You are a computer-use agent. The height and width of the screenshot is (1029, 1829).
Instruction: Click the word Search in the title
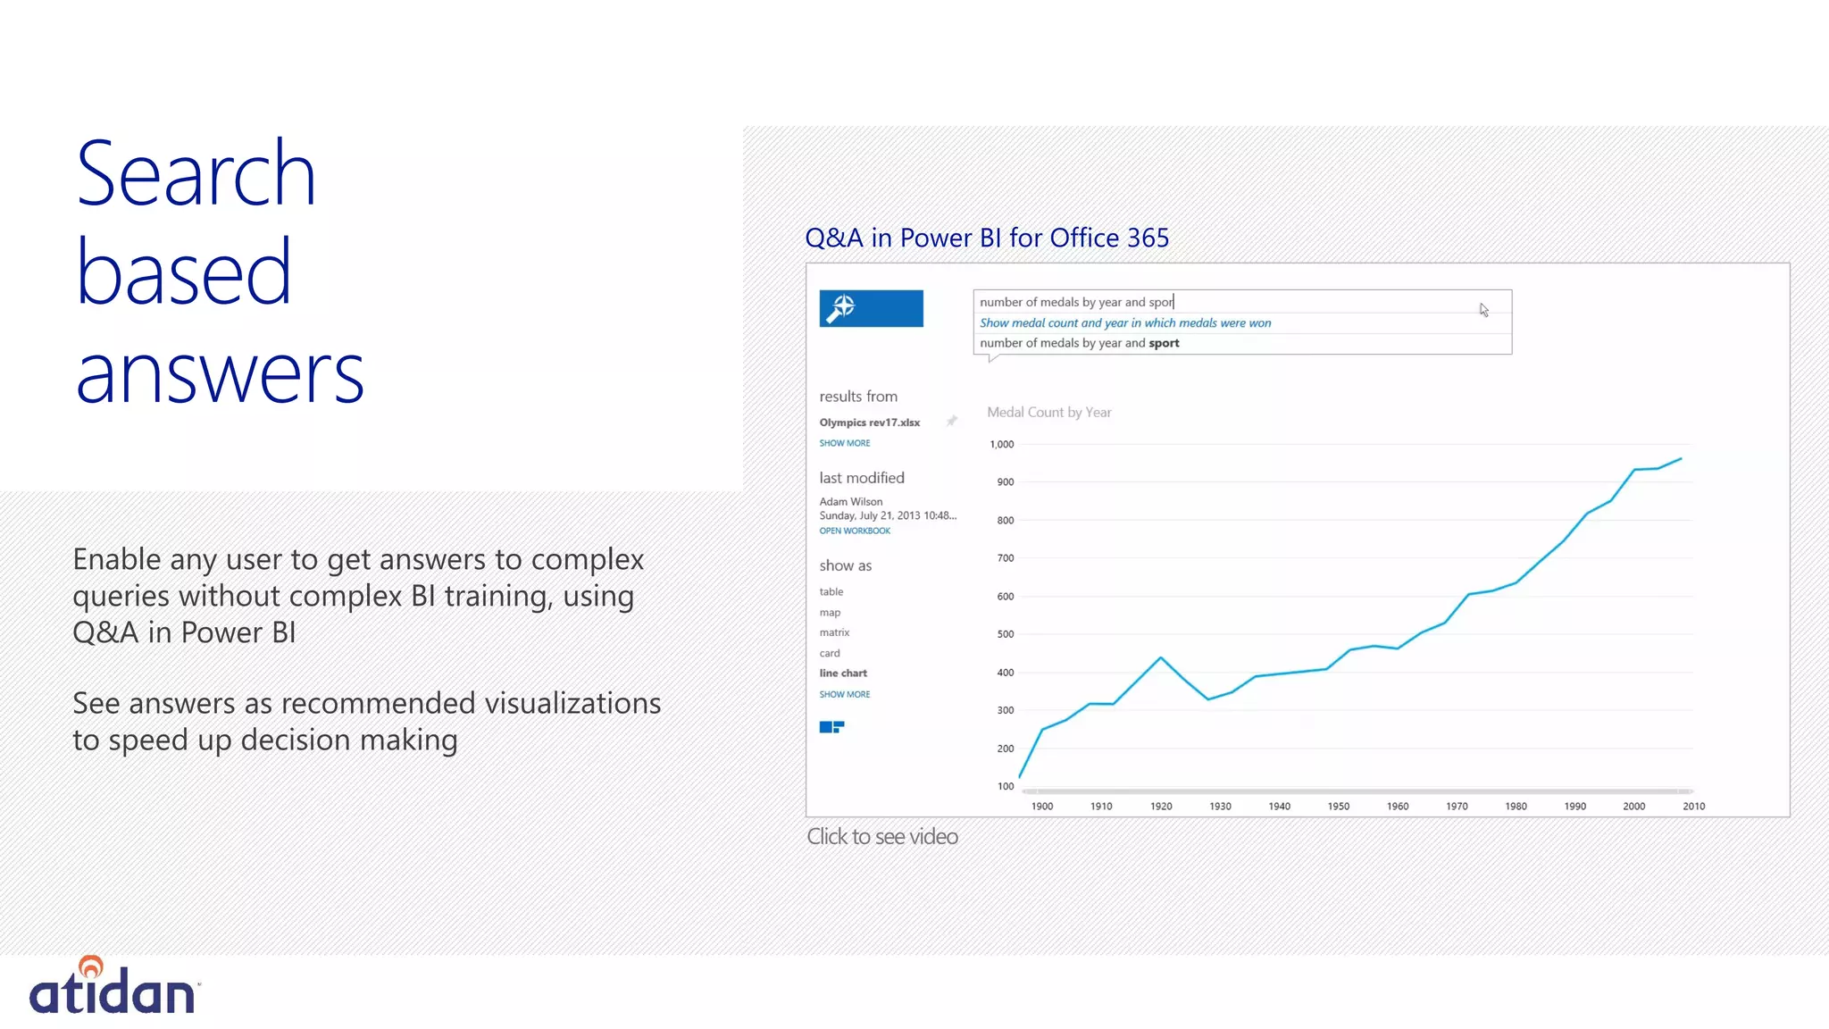pyautogui.click(x=196, y=174)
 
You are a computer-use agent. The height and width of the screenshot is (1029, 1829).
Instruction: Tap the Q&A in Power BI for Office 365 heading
pyautogui.click(x=986, y=238)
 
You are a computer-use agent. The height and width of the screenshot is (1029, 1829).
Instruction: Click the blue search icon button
pyautogui.click(x=871, y=308)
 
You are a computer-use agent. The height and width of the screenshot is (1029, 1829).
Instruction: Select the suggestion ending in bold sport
pyautogui.click(x=1079, y=343)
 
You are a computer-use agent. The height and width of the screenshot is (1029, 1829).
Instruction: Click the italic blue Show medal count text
pyautogui.click(x=1124, y=322)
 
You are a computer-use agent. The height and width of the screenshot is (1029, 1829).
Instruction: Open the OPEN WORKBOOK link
pyautogui.click(x=855, y=531)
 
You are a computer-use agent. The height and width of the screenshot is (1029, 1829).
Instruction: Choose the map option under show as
pyautogui.click(x=830, y=613)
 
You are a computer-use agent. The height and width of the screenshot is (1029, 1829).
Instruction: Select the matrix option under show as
pyautogui.click(x=834, y=632)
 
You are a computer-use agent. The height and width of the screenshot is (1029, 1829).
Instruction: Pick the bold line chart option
pyautogui.click(x=843, y=673)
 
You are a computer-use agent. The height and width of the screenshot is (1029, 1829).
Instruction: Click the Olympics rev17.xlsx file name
pyautogui.click(x=869, y=422)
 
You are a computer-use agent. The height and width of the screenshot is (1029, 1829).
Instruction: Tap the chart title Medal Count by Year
pyautogui.click(x=1048, y=412)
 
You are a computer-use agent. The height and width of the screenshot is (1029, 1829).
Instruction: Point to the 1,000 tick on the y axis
pyautogui.click(x=1002, y=444)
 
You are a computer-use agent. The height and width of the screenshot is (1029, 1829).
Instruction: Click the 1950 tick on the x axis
pyautogui.click(x=1338, y=806)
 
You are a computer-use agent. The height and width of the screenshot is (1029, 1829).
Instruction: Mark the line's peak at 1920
pyautogui.click(x=1161, y=658)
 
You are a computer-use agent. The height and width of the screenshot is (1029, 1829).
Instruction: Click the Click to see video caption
pyautogui.click(x=881, y=836)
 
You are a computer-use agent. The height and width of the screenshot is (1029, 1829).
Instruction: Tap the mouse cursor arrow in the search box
pyautogui.click(x=1483, y=310)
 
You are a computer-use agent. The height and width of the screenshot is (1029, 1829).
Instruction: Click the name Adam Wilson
pyautogui.click(x=850, y=502)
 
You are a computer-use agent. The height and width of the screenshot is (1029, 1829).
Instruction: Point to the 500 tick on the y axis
pyautogui.click(x=1006, y=634)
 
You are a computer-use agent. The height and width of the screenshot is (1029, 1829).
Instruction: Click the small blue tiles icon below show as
pyautogui.click(x=831, y=727)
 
